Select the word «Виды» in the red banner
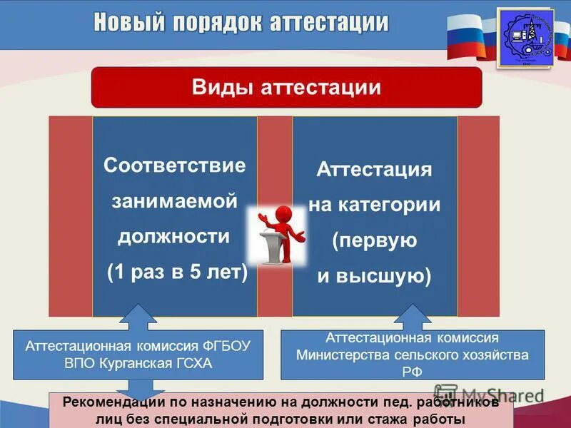[x=217, y=88]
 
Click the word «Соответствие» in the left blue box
[x=175, y=165]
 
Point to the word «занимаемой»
[x=175, y=201]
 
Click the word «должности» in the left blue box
[x=175, y=236]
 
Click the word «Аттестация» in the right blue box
[x=375, y=170]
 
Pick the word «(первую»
[x=374, y=241]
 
